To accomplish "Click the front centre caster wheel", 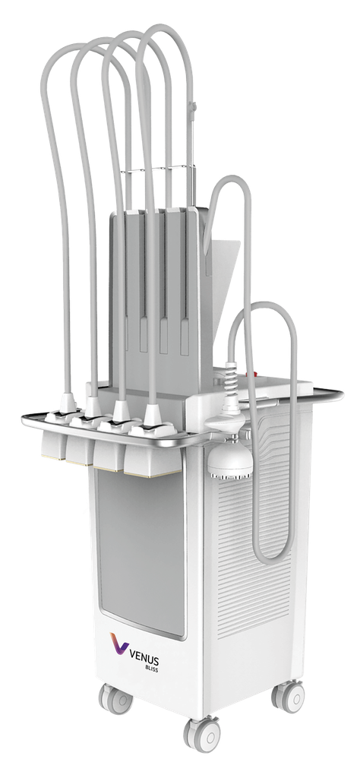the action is click(203, 735).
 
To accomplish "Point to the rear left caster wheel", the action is click(115, 700).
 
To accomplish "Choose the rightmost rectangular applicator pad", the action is click(152, 455).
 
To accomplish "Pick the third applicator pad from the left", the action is click(109, 449).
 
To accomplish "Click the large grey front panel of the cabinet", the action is click(141, 551).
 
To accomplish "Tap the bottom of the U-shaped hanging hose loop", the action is click(272, 558).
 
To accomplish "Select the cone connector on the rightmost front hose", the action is click(153, 415).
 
